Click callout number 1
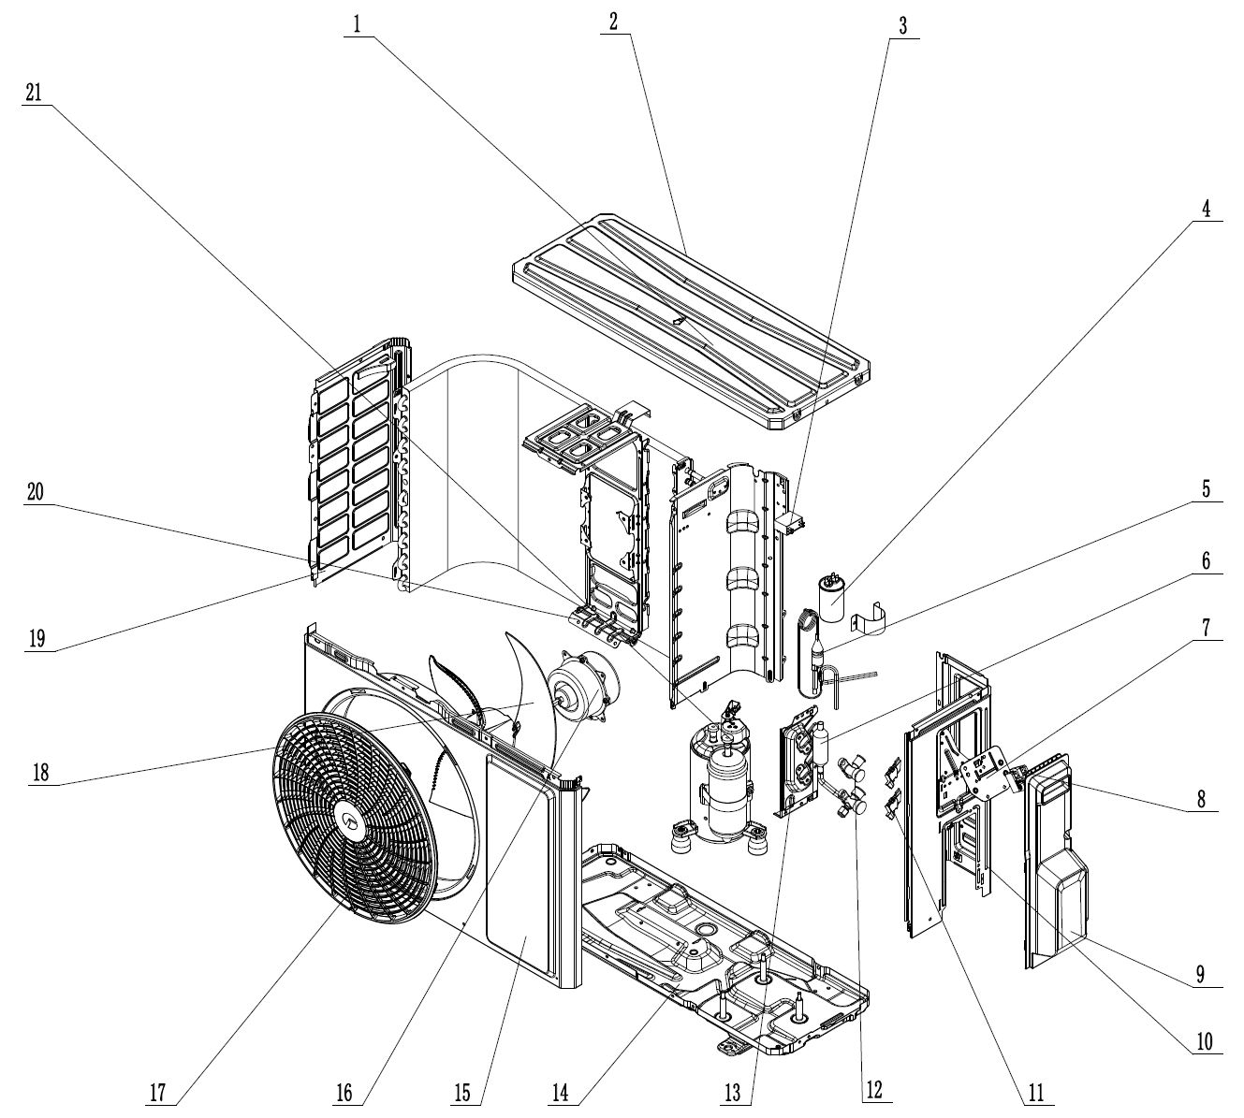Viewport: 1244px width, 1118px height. tap(356, 25)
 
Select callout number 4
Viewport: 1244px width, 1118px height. tap(1207, 211)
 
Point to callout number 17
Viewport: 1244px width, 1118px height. tap(159, 1091)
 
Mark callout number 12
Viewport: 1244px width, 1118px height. tap(873, 1091)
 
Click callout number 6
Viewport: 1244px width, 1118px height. tap(1207, 561)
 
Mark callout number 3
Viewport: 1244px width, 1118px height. tap(902, 25)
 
